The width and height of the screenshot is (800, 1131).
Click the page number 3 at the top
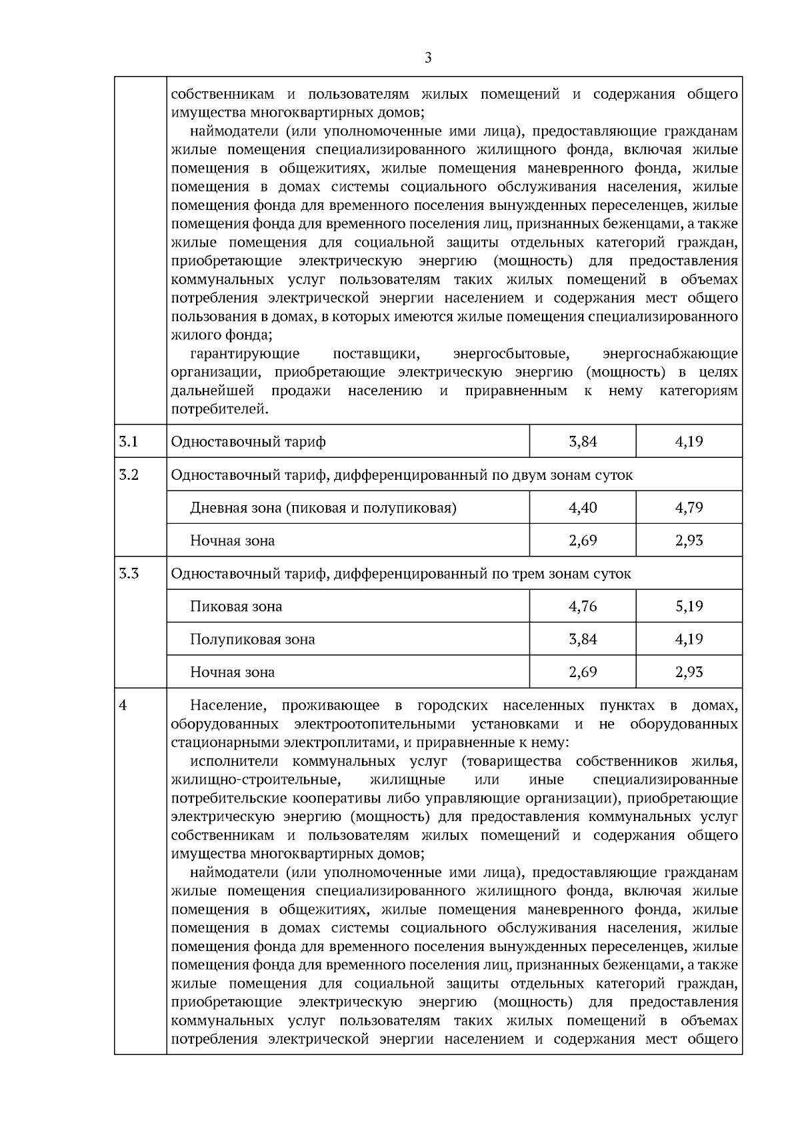[427, 58]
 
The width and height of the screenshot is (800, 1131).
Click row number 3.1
[128, 441]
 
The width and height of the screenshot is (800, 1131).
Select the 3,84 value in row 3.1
[583, 441]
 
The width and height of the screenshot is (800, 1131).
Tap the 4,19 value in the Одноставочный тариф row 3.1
[689, 441]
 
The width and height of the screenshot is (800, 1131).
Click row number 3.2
[128, 475]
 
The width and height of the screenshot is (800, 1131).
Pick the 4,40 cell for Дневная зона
[583, 508]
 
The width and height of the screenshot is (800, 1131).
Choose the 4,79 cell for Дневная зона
[689, 508]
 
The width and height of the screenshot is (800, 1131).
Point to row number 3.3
[128, 573]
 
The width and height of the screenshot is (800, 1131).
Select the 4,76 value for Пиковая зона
[583, 606]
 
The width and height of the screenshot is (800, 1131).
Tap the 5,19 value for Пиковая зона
[689, 606]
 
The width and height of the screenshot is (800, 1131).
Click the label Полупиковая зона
[252, 640]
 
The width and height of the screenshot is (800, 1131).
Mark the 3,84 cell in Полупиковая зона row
[583, 639]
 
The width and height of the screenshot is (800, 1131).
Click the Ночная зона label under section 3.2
[232, 541]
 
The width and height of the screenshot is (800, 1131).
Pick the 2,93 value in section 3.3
[689, 672]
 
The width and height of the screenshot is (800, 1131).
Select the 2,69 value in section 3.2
[583, 541]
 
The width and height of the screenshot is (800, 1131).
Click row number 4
[122, 705]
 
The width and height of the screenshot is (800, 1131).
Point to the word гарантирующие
[245, 353]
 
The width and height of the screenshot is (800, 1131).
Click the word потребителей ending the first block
[219, 409]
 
